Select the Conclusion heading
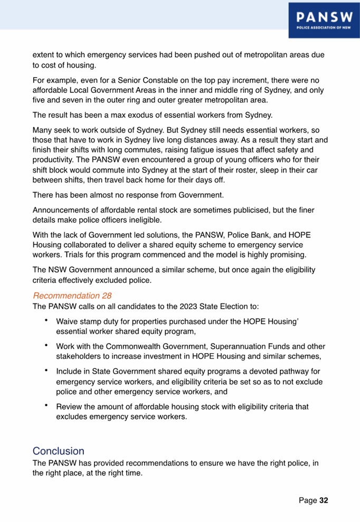pyautogui.click(x=58, y=451)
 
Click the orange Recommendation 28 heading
pyautogui.click(x=72, y=296)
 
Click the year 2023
pyautogui.click(x=174, y=306)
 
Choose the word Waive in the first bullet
pyautogui.click(x=67, y=321)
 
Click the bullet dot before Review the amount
pyautogui.click(x=46, y=406)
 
